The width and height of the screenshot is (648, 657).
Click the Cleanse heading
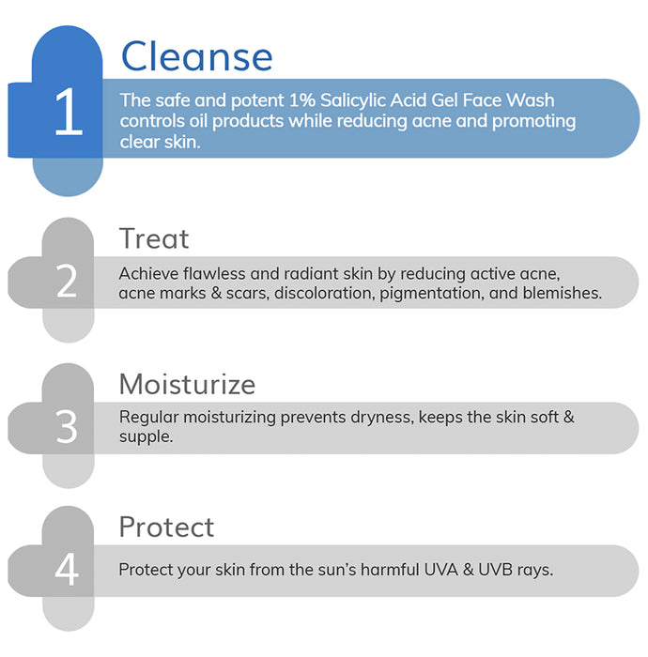[x=196, y=56]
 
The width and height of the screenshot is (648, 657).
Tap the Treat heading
[x=154, y=238]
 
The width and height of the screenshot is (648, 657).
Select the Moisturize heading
[x=187, y=384]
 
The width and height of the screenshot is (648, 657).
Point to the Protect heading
[x=166, y=527]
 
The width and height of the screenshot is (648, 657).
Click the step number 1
[x=68, y=115]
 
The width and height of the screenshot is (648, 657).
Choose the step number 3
[x=67, y=427]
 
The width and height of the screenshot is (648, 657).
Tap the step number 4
[x=67, y=571]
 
